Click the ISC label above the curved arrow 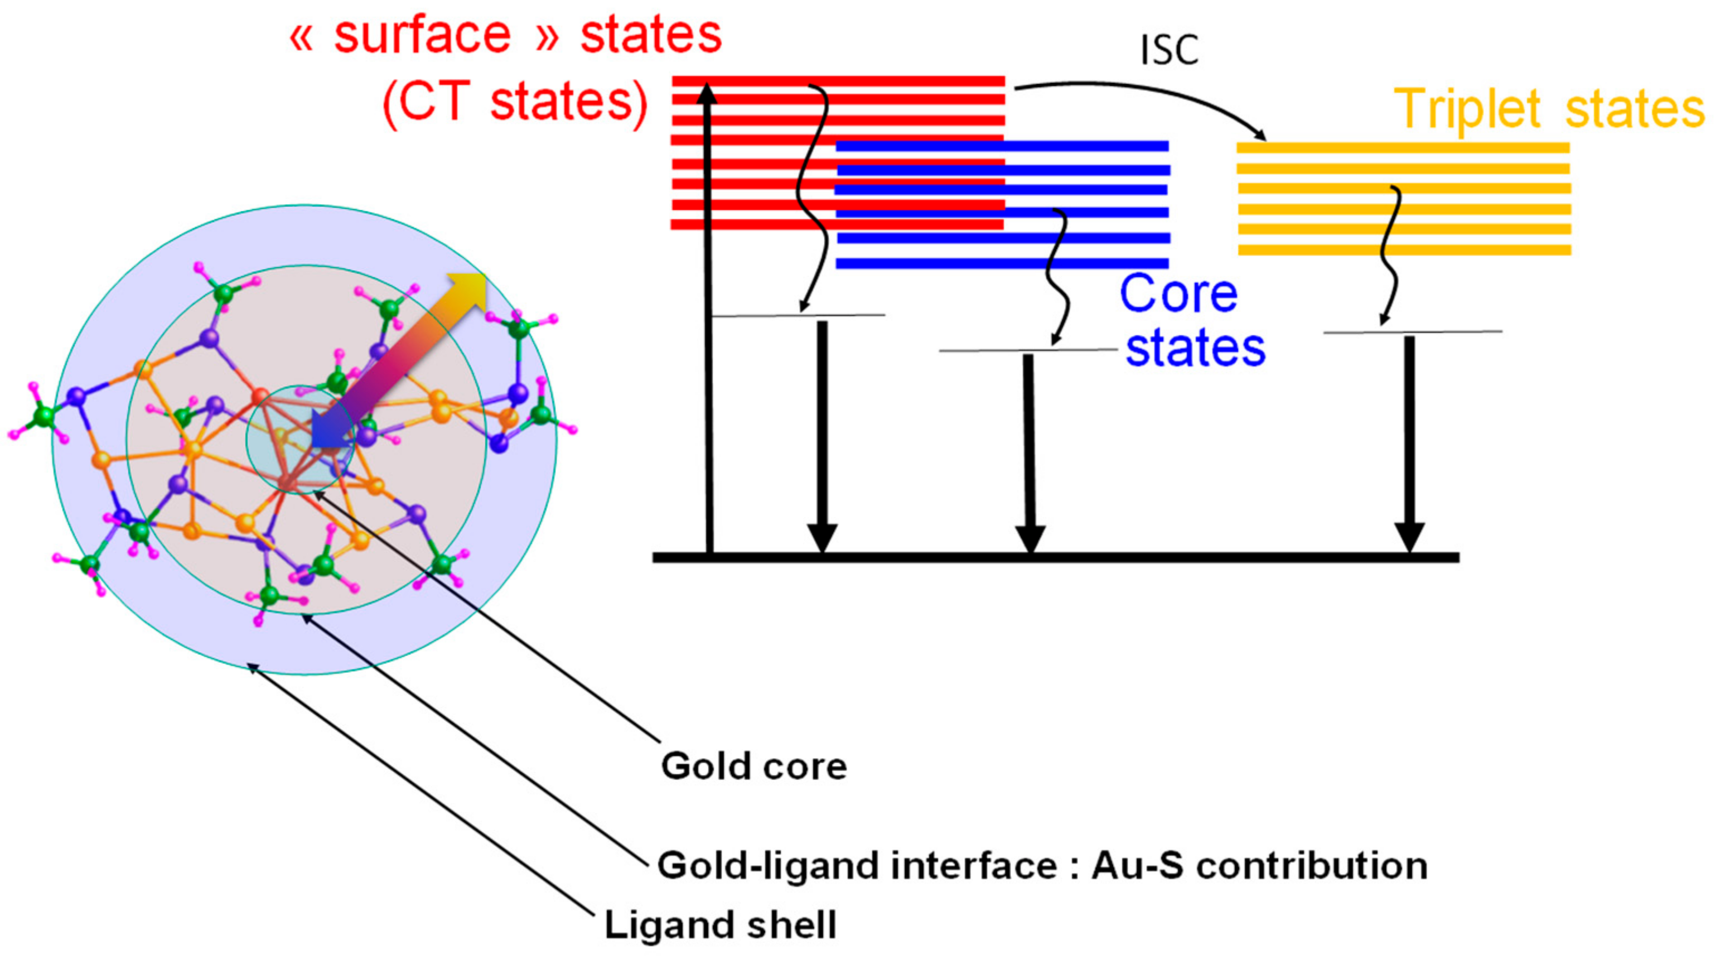[1168, 50]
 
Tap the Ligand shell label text [720, 926]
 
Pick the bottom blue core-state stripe [1002, 264]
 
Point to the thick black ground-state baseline [1055, 557]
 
